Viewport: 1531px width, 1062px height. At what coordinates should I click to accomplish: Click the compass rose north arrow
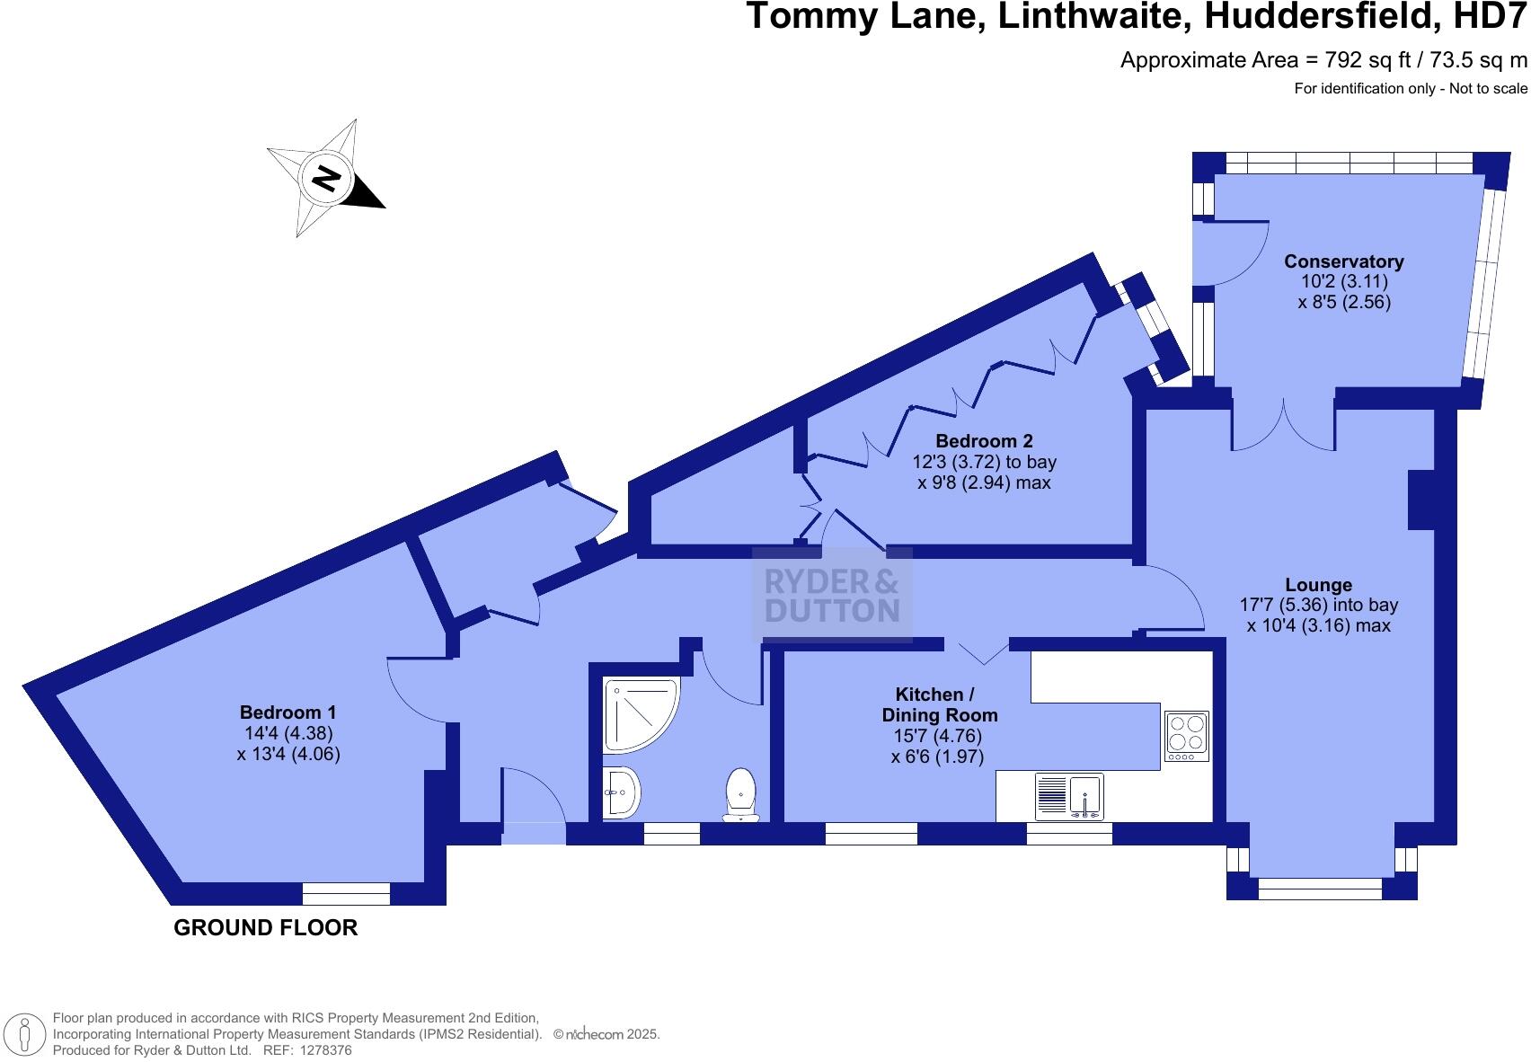tap(325, 178)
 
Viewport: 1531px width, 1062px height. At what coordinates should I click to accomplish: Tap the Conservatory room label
tap(1343, 261)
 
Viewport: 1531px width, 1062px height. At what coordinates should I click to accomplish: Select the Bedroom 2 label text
tap(984, 441)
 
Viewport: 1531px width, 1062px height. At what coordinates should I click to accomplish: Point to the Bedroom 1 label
tap(288, 712)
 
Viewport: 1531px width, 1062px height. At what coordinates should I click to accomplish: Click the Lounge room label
tap(1318, 585)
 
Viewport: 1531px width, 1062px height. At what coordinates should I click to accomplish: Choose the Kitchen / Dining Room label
tap(939, 705)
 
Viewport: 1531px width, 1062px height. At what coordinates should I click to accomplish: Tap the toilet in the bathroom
tap(740, 793)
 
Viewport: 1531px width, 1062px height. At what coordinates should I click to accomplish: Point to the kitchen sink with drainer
tap(1069, 796)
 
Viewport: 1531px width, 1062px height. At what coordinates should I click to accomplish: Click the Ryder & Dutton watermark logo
tap(832, 596)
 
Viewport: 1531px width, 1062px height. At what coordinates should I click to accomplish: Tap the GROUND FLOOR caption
tap(265, 928)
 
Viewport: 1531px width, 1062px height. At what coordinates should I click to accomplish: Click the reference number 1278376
tap(319, 1050)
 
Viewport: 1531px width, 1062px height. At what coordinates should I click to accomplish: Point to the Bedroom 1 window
tap(346, 893)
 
